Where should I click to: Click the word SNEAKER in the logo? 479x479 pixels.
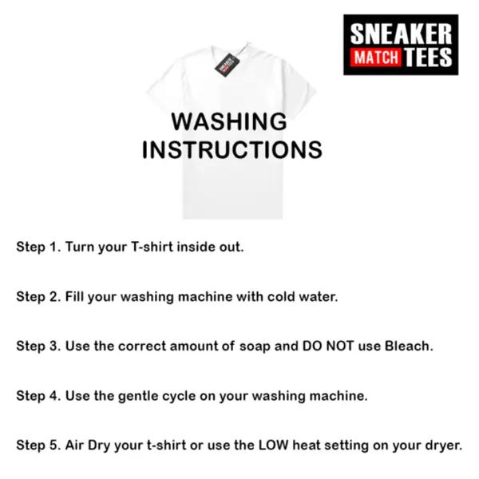click(401, 34)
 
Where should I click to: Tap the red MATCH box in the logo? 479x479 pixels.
click(376, 57)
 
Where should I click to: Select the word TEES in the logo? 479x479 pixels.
click(428, 57)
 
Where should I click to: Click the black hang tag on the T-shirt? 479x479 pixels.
click(227, 65)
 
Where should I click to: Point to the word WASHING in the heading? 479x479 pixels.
click(229, 121)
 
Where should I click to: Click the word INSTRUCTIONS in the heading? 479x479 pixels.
click(232, 150)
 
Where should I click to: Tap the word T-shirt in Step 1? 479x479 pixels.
click(152, 247)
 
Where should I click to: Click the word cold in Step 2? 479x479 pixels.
click(281, 296)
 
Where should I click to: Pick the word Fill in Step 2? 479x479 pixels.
click(74, 296)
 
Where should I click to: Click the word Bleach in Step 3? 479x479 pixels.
click(409, 346)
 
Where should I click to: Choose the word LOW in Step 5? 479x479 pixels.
click(273, 445)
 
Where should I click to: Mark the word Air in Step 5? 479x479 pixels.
click(74, 445)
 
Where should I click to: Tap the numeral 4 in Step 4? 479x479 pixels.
click(54, 396)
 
